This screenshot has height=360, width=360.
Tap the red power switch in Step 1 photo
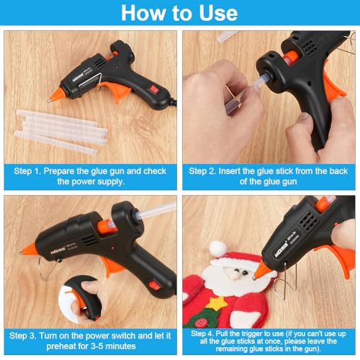tap(153, 90)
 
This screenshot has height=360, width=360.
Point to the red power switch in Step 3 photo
tap(155, 285)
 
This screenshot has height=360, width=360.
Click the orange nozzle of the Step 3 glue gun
tap(28, 249)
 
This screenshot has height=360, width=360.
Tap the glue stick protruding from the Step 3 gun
tap(157, 210)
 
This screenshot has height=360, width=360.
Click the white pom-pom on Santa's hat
tap(217, 248)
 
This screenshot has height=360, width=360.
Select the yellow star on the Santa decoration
tap(217, 303)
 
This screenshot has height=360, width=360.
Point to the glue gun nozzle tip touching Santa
tap(254, 278)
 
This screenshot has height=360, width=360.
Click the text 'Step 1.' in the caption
tap(27, 171)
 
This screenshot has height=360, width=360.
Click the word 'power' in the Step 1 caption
tap(81, 181)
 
